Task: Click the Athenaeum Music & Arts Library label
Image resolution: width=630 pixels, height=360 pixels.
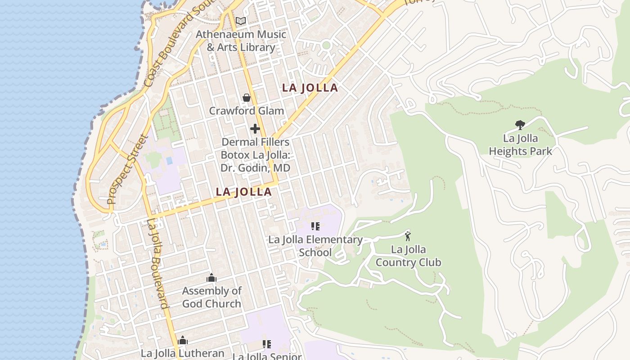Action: coord(241,40)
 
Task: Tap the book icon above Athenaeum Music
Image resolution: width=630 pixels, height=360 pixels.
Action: coord(241,21)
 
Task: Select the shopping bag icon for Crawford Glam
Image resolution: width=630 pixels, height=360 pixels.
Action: coord(247,98)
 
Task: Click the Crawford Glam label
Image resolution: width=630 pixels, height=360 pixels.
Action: coord(247,111)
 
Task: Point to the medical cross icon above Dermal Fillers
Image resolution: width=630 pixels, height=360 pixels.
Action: coord(255,129)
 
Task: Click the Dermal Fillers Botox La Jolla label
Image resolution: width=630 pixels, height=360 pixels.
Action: coord(255,155)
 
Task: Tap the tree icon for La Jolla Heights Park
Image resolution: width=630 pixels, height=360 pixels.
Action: coord(520,125)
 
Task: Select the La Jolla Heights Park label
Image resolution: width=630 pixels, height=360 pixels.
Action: coord(520,145)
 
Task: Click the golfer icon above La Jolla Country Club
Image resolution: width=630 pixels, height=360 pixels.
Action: coord(408,236)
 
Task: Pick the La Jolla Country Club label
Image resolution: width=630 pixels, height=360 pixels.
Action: coord(408,256)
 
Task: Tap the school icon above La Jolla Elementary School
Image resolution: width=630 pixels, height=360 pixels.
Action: coord(315,226)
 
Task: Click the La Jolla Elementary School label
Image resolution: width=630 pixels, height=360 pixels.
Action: coord(315,246)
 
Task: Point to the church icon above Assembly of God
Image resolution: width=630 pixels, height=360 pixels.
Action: coord(211,278)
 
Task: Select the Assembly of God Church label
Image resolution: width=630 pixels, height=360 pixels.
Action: coord(211,297)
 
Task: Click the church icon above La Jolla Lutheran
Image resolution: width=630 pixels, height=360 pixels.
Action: coord(183,340)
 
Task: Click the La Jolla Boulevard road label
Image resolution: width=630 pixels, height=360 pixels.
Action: coord(158,263)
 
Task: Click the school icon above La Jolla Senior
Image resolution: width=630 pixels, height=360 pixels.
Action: coord(267,345)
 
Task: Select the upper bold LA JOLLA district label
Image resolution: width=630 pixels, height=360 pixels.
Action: coord(310,88)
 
